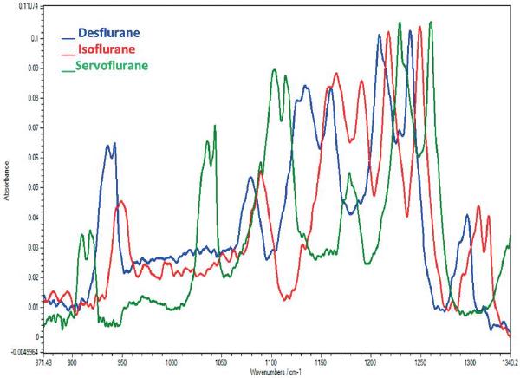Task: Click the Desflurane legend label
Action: click(x=109, y=34)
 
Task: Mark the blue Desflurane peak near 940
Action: click(x=110, y=145)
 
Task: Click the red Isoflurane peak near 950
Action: click(x=122, y=201)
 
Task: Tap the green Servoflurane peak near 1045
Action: click(x=214, y=127)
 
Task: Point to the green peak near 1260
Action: click(x=430, y=23)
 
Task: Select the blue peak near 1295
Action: click(x=467, y=216)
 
